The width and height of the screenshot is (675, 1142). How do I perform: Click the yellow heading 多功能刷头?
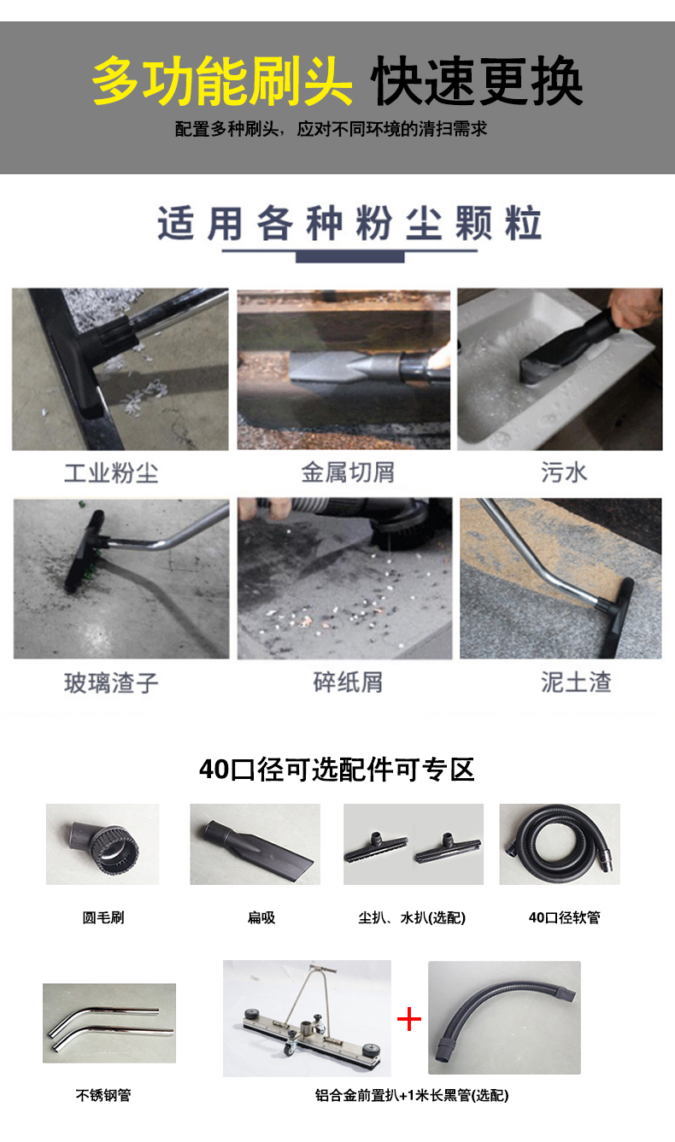tap(222, 80)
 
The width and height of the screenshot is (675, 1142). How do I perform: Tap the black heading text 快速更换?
tap(477, 80)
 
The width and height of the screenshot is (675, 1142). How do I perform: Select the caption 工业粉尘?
tap(111, 473)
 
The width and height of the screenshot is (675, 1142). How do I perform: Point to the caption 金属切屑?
tap(348, 472)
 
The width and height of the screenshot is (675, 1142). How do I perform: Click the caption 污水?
tap(564, 472)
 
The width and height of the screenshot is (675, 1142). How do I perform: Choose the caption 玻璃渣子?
tap(111, 683)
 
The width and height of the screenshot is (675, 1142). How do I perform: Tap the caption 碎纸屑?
tap(348, 682)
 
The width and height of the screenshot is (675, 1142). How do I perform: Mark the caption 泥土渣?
tap(576, 682)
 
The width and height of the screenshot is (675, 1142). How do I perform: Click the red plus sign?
tap(409, 1020)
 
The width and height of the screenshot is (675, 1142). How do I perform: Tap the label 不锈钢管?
tap(103, 1095)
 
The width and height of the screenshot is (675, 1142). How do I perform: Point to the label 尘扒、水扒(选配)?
tap(412, 917)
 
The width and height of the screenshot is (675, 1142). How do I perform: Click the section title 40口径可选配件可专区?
tap(337, 770)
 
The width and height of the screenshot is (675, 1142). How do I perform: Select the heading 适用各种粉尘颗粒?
tap(349, 223)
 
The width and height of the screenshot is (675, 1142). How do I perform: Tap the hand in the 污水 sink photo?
tap(637, 307)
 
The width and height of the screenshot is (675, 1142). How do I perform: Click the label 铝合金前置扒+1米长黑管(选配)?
tap(412, 1095)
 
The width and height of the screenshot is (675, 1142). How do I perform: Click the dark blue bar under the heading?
tap(349, 257)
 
